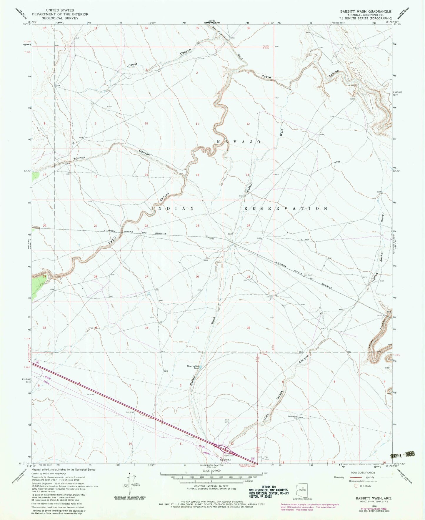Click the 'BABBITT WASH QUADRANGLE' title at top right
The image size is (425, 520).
366,11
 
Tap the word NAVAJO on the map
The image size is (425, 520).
239,142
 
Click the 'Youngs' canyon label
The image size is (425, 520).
79,159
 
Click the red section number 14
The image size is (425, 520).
197,175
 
